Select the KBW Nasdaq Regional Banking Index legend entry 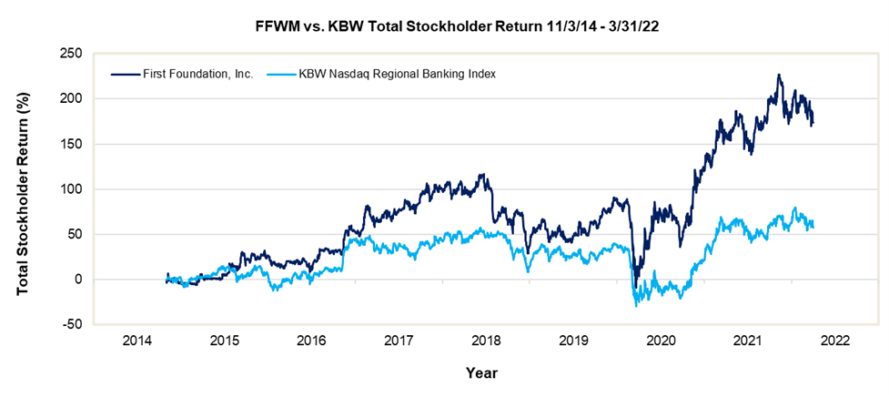397,73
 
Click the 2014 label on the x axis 137,341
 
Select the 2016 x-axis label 312,341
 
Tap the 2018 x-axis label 487,341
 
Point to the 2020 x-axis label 662,341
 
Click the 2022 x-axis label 835,341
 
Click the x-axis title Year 481,372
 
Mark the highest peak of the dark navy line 779,76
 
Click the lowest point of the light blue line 636,306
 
